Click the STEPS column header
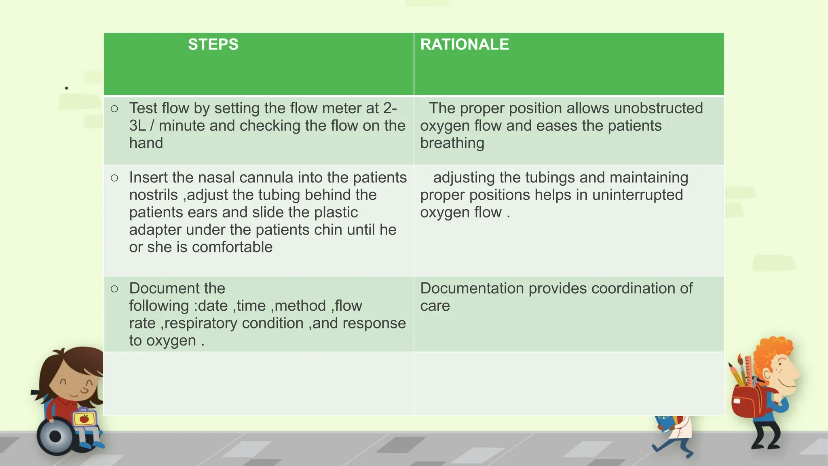pos(213,44)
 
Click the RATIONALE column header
pos(465,44)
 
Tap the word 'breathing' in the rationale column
pos(452,143)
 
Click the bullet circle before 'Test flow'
pos(114,109)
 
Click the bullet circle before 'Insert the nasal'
pos(114,178)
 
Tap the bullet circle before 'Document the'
pos(114,289)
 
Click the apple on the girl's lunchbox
pos(84,419)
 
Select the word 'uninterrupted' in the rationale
pos(637,195)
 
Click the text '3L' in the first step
pos(137,126)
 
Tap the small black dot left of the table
pos(66,88)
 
